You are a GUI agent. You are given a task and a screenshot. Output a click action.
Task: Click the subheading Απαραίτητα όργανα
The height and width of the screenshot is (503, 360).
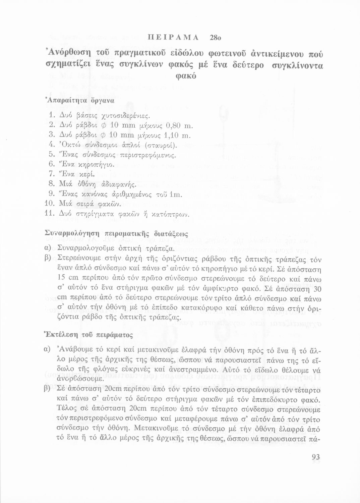pyautogui.click(x=80, y=100)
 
